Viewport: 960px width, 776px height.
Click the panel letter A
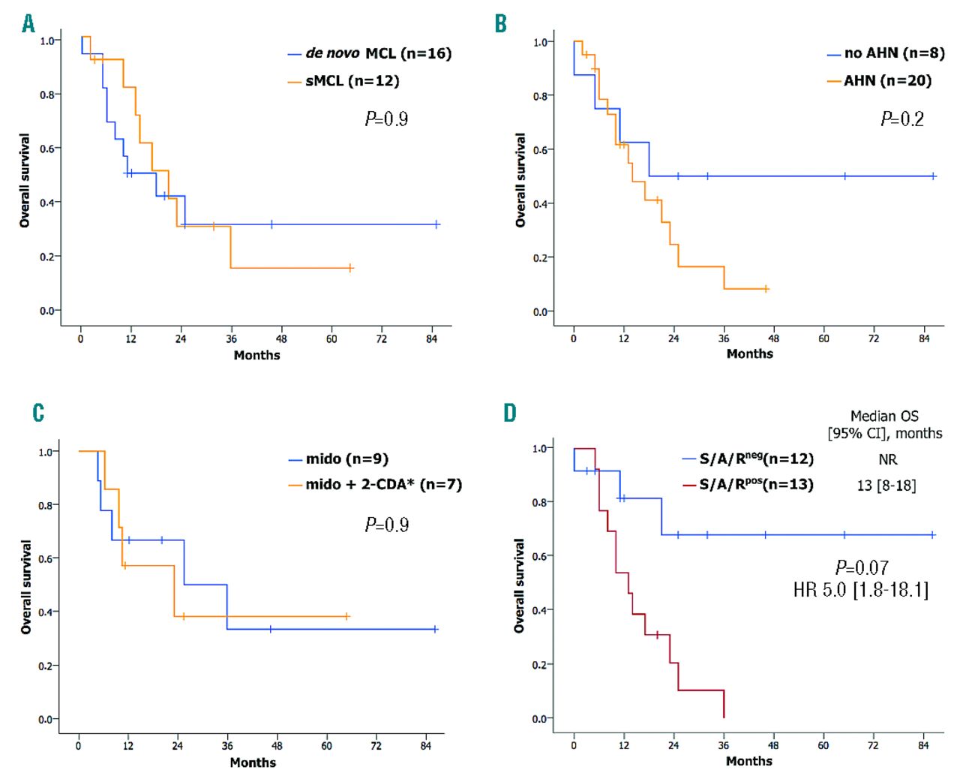[x=28, y=24]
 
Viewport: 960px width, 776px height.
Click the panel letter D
[x=510, y=413]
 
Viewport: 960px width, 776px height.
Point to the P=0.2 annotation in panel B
[x=901, y=119]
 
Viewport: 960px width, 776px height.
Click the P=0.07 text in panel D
[x=862, y=567]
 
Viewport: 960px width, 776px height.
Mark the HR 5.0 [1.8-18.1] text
[x=861, y=590]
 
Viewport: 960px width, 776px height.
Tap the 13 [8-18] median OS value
[x=886, y=486]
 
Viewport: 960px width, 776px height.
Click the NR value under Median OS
[x=887, y=459]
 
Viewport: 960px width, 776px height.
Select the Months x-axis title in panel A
[x=256, y=355]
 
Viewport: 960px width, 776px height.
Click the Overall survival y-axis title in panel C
[x=26, y=587]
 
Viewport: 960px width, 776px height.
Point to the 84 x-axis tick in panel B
[x=924, y=338]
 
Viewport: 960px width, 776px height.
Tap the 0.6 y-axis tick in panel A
[x=47, y=149]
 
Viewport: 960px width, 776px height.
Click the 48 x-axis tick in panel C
[x=277, y=745]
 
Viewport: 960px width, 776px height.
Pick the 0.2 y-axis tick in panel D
[x=539, y=664]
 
